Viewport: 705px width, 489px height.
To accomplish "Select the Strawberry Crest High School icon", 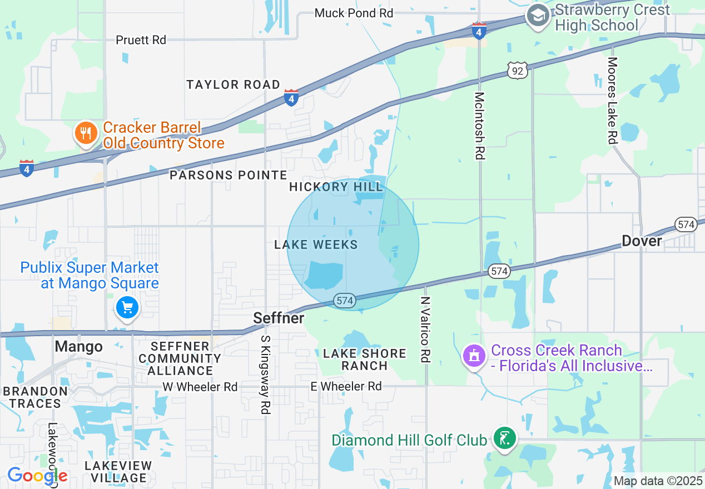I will (x=538, y=17).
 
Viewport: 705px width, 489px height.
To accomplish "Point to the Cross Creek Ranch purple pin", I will (x=474, y=356).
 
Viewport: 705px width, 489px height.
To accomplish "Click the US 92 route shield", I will (x=517, y=70).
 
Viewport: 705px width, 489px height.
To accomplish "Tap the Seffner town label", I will (x=279, y=318).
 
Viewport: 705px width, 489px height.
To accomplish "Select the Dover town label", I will (x=642, y=241).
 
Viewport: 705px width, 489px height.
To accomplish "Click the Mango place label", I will (x=78, y=347).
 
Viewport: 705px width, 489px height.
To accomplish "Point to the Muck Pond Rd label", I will (x=354, y=13).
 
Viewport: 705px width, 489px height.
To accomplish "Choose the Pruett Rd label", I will (x=141, y=40).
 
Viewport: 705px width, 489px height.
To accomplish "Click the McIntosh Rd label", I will (x=479, y=126).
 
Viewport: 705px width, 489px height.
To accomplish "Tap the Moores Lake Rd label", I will (x=612, y=101).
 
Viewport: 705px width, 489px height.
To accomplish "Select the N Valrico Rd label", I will (x=425, y=330).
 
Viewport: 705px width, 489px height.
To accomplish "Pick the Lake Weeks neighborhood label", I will (x=316, y=244).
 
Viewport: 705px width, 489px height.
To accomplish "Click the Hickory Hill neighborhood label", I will (x=336, y=187).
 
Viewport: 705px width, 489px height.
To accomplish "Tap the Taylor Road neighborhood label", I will (x=233, y=84).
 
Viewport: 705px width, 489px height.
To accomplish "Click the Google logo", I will (x=37, y=476).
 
